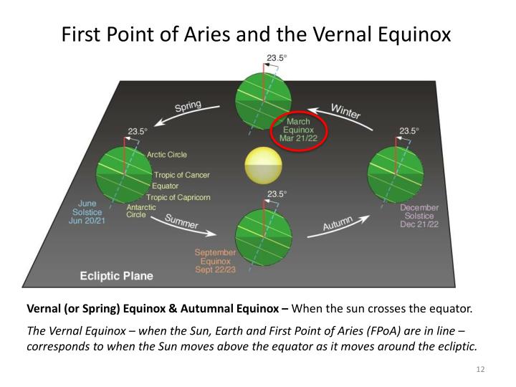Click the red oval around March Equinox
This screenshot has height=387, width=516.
[299, 130]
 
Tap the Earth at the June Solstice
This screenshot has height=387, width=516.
[125, 173]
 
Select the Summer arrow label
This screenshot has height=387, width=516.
[182, 222]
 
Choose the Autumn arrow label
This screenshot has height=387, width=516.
[338, 224]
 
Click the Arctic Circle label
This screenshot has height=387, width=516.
[167, 155]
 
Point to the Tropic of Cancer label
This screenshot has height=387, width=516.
[181, 175]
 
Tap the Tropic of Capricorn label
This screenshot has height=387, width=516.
[178, 197]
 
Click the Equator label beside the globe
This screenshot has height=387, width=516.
[166, 186]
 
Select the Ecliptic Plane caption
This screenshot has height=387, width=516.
[116, 275]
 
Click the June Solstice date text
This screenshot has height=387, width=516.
[86, 212]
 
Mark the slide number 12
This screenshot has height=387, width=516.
[481, 369]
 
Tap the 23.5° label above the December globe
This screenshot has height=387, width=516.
[408, 131]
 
